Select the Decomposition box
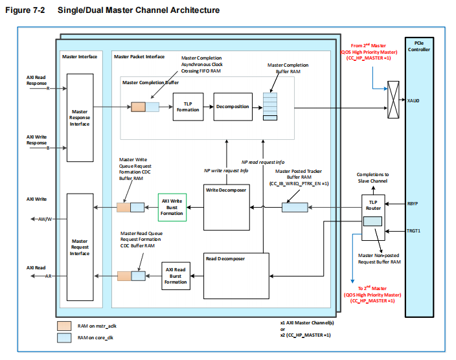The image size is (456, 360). (232, 107)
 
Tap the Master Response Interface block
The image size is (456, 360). (80, 117)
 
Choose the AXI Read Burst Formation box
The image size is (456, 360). (176, 276)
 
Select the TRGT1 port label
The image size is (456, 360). (414, 231)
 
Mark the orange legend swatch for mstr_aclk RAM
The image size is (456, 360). (64, 326)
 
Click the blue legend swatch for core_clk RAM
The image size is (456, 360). (64, 337)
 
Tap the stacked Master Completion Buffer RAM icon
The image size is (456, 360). (269, 105)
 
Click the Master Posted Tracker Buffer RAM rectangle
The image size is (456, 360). (295, 207)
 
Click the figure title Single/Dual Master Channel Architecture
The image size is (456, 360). (138, 10)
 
